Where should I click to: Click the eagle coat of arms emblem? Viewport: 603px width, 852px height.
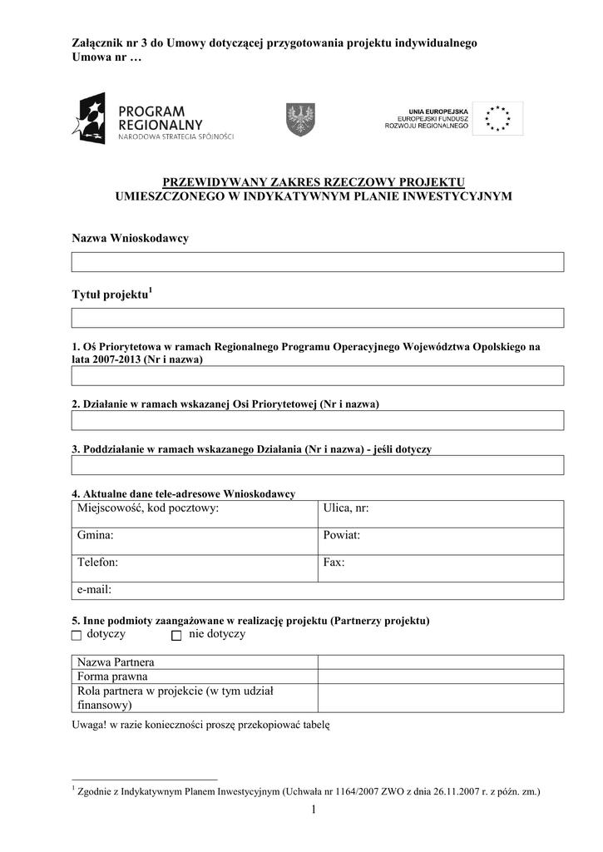click(300, 119)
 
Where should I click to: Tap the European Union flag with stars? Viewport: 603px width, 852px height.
click(498, 119)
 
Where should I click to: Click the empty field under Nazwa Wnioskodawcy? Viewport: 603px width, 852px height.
click(317, 262)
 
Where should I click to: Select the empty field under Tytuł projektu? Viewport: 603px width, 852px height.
click(317, 318)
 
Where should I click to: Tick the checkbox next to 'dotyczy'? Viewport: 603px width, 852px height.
click(77, 636)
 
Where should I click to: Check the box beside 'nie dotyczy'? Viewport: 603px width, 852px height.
click(176, 636)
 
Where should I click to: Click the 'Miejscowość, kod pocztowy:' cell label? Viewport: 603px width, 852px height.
click(147, 508)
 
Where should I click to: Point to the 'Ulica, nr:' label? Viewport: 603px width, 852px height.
click(345, 508)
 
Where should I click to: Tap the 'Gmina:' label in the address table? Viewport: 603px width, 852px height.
click(95, 535)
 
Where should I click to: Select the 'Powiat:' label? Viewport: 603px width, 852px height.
click(341, 535)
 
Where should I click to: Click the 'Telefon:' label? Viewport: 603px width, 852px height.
click(97, 562)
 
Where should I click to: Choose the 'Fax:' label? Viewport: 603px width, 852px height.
click(334, 562)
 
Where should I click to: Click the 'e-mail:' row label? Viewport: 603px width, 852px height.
click(94, 589)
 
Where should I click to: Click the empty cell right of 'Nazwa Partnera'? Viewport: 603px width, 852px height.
click(439, 662)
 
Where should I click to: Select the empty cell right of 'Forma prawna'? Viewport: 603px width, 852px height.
click(439, 676)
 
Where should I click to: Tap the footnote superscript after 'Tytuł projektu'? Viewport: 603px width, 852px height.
click(150, 291)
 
